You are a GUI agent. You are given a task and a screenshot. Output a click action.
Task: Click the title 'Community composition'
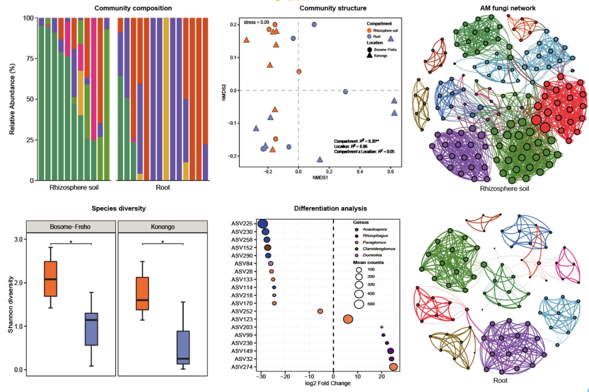[x=133, y=8]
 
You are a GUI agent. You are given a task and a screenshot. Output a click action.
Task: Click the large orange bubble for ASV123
[x=348, y=319]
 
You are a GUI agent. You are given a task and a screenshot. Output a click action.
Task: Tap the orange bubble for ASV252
[x=320, y=311]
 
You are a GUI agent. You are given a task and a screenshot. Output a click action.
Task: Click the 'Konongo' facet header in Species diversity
[x=163, y=226]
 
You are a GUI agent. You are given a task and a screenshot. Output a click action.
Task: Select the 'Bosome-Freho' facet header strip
[x=71, y=226]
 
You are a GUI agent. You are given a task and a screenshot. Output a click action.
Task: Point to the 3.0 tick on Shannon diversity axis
[x=18, y=239]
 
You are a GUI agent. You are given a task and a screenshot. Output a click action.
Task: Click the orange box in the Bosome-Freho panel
[x=51, y=279]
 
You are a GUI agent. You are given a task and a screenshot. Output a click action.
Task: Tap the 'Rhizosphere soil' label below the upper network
[x=504, y=189]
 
